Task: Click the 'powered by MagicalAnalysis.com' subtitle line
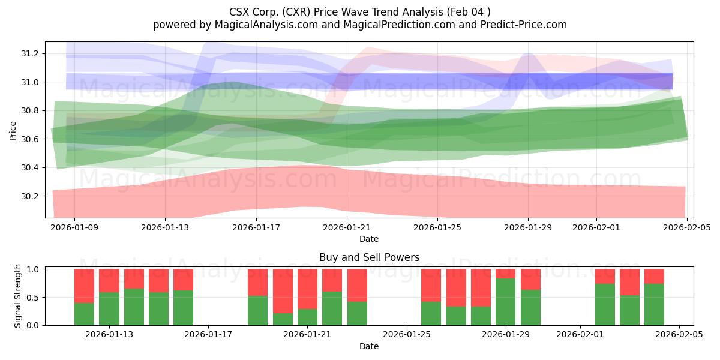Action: coord(360,25)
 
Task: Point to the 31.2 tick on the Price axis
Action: coord(30,53)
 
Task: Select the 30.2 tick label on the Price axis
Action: coord(30,196)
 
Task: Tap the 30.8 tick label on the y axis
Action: coord(30,110)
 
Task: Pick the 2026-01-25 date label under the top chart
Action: coord(437,227)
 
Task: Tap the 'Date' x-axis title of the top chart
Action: coord(368,239)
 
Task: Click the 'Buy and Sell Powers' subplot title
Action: coord(368,257)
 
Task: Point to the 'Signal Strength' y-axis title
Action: coord(18,296)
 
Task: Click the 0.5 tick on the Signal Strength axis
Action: coord(34,297)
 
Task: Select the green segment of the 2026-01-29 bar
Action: coord(506,301)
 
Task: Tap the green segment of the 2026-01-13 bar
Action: coord(109,308)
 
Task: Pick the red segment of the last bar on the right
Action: coord(654,276)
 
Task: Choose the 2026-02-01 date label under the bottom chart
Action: coord(580,335)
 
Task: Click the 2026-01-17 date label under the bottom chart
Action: coord(208,335)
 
